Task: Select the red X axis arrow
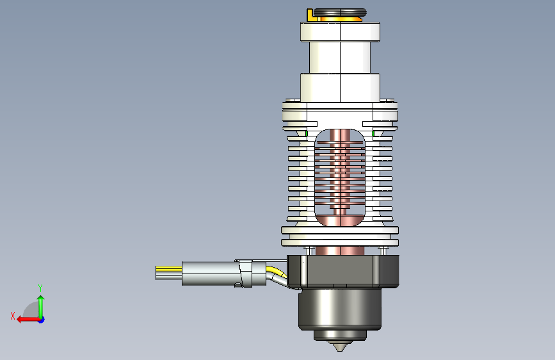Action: pyautogui.click(x=28, y=320)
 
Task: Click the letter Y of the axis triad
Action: pyautogui.click(x=40, y=288)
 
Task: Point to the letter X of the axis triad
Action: pyautogui.click(x=13, y=316)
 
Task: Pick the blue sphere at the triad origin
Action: pyautogui.click(x=42, y=320)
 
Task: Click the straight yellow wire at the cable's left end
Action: pyautogui.click(x=169, y=269)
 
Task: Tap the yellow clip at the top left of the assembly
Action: pyautogui.click(x=310, y=15)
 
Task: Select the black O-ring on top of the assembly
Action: pyautogui.click(x=340, y=13)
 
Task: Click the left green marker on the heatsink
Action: pyautogui.click(x=307, y=134)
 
